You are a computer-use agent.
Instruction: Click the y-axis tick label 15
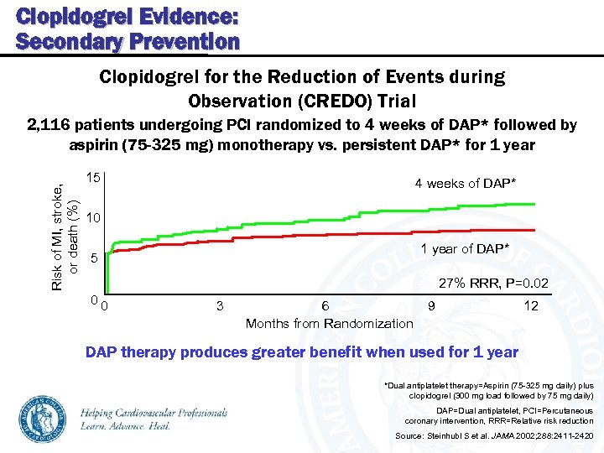pos(94,179)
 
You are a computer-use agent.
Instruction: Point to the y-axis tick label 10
pos(94,218)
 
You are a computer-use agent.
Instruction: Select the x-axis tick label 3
pos(219,306)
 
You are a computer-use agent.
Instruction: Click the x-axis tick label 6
pos(325,306)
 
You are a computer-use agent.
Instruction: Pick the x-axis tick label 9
pos(431,306)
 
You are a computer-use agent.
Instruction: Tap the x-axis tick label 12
pos(531,306)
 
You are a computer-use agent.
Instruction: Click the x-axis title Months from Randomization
pos(329,324)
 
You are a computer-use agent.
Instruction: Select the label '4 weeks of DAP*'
pos(466,184)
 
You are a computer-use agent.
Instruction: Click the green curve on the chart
pos(336,212)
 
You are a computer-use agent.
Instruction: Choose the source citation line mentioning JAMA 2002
pos(493,437)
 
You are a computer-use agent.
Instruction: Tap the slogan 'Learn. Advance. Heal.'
pos(127,426)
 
